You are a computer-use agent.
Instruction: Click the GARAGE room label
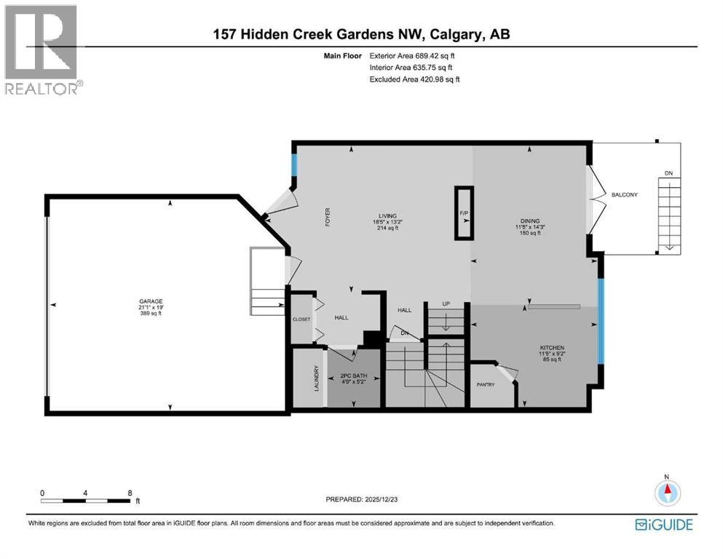tap(151, 301)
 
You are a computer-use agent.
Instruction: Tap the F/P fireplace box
tap(464, 213)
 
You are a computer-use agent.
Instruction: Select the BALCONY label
tap(625, 194)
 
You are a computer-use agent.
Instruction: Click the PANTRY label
tap(486, 384)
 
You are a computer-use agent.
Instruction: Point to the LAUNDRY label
tap(317, 378)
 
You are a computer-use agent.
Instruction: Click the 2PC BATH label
tap(355, 376)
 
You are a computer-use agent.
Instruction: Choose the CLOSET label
tap(301, 319)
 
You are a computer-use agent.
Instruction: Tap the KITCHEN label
tap(553, 348)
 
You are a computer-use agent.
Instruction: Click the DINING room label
tap(529, 221)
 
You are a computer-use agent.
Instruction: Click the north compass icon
tap(666, 492)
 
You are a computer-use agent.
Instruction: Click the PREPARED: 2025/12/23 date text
tap(361, 499)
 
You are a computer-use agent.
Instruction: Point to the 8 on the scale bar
tap(130, 493)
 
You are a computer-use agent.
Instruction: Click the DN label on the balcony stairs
tap(668, 174)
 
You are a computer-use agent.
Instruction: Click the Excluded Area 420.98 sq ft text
tap(415, 79)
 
